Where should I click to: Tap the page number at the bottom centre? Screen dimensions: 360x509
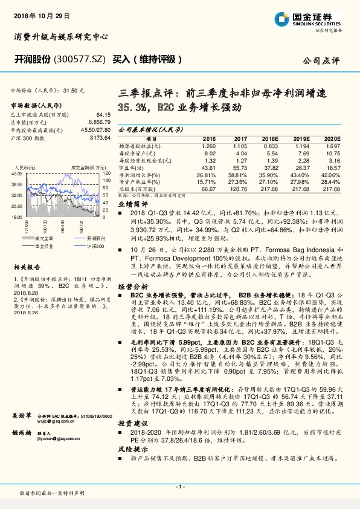pos(179,487)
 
